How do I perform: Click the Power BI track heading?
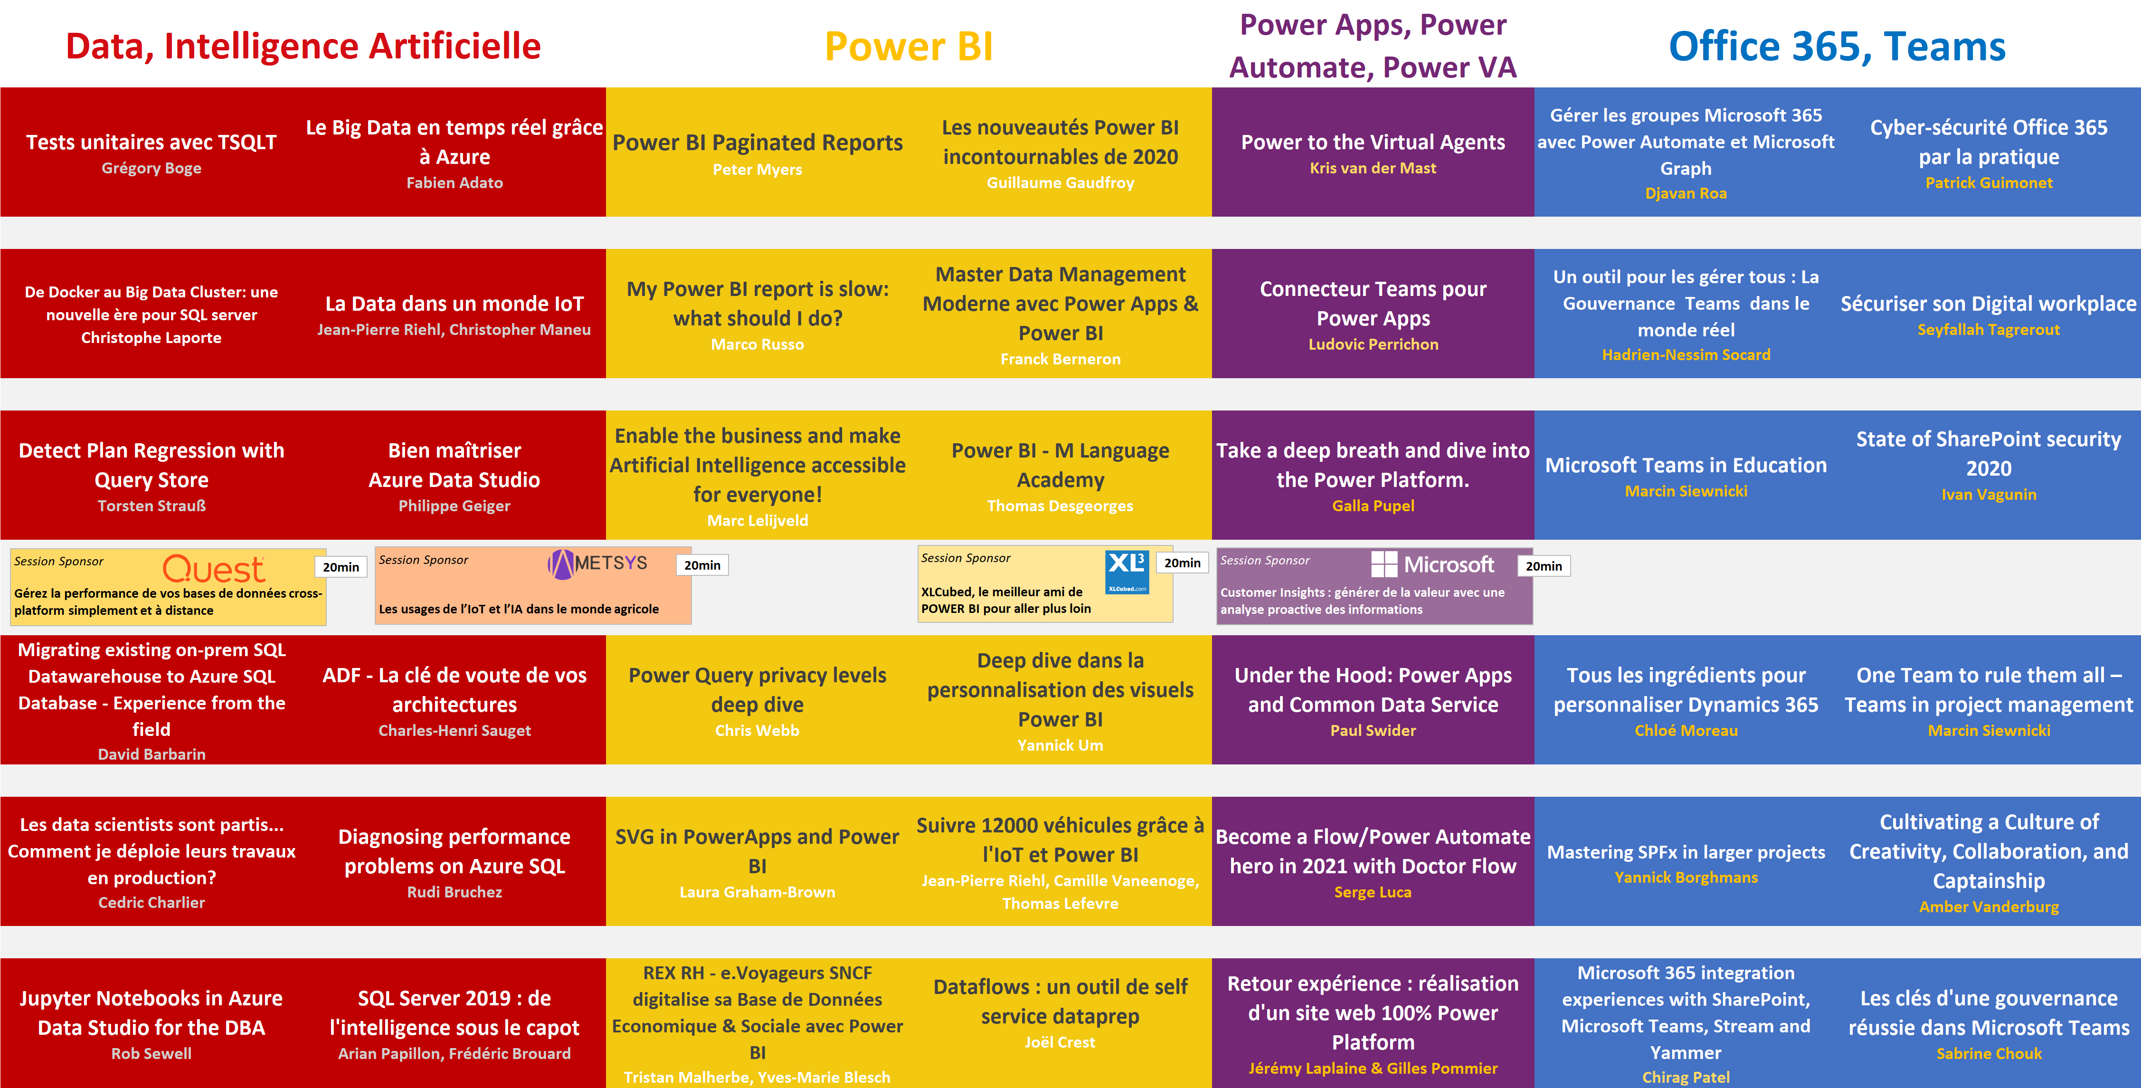point(909,47)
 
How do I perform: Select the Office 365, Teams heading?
point(1837,47)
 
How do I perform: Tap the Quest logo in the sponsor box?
point(214,569)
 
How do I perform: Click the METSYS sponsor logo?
point(597,563)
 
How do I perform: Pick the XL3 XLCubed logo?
point(1127,572)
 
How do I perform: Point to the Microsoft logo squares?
point(1384,564)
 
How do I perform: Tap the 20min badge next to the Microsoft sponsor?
point(1544,566)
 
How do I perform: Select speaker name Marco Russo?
point(757,344)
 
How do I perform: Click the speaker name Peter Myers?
point(757,170)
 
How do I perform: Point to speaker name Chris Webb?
point(757,731)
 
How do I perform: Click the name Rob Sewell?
point(151,1053)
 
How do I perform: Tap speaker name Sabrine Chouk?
point(1989,1053)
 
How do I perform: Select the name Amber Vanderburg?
point(1989,907)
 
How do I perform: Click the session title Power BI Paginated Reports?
point(757,143)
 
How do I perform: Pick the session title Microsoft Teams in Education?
point(1686,466)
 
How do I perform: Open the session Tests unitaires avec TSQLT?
point(151,142)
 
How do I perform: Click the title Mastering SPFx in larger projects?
point(1686,852)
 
